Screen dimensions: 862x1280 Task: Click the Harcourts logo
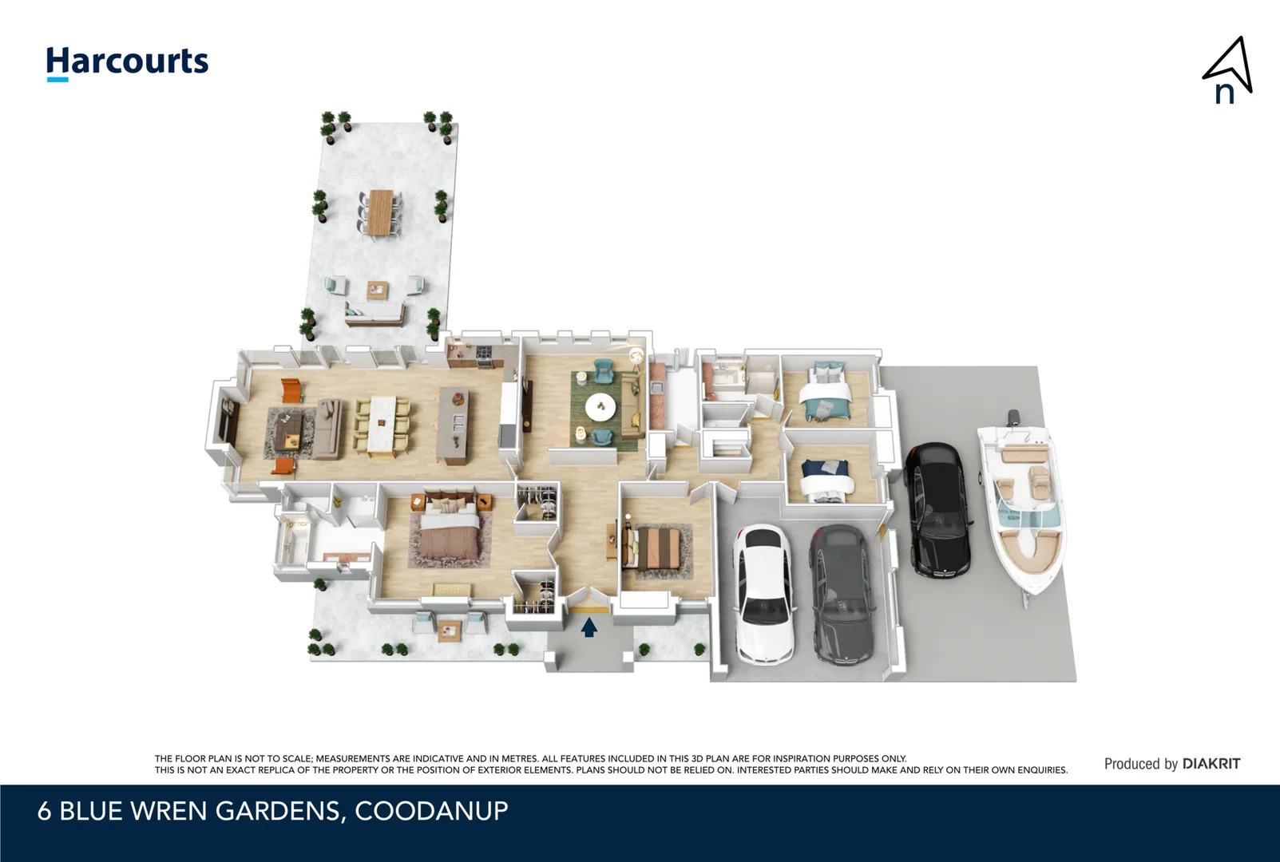pyautogui.click(x=127, y=62)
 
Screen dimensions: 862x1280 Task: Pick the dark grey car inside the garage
pyautogui.click(x=841, y=594)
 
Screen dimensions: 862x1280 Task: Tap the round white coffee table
pyautogui.click(x=600, y=408)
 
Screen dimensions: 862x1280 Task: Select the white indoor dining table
pyautogui.click(x=381, y=426)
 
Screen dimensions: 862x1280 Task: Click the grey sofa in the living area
pyautogui.click(x=328, y=429)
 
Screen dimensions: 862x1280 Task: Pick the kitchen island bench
pyautogui.click(x=454, y=425)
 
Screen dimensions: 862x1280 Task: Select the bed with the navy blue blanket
pyautogui.click(x=826, y=480)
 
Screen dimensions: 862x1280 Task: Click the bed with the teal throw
pyautogui.click(x=826, y=393)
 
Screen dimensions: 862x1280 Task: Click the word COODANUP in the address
pyautogui.click(x=431, y=811)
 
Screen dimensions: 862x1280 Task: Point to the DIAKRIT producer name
pyautogui.click(x=1211, y=764)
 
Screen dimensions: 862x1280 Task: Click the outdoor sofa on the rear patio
pyautogui.click(x=374, y=315)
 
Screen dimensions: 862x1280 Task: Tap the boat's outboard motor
pyautogui.click(x=1013, y=417)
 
